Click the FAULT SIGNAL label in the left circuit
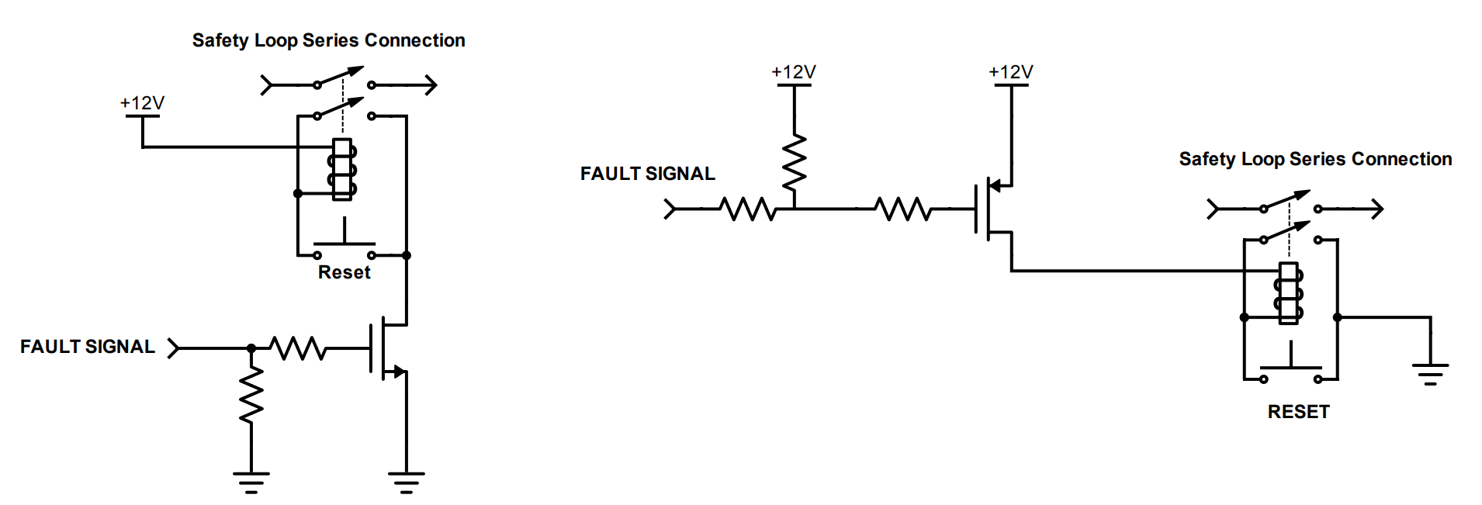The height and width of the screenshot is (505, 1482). [88, 347]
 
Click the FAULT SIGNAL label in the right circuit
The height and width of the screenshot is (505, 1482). [648, 174]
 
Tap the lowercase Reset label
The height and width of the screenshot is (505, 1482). [345, 272]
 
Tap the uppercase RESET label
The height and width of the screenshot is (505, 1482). [1299, 412]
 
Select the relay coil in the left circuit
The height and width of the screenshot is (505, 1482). [342, 170]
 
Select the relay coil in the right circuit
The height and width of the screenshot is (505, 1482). [1289, 294]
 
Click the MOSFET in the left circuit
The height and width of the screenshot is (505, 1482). [388, 348]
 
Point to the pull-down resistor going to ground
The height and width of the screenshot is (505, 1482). [251, 396]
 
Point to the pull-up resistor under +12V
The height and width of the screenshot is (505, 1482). [795, 163]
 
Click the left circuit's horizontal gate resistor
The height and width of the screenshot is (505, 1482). [298, 348]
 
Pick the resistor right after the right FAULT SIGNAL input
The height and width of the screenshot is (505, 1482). [748, 209]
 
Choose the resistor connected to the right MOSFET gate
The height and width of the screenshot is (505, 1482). [903, 209]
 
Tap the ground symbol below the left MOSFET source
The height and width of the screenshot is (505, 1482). [407, 482]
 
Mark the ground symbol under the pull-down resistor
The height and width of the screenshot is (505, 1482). [251, 482]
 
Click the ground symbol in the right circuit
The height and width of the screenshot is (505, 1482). [1431, 373]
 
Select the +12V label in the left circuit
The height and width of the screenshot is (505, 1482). [142, 103]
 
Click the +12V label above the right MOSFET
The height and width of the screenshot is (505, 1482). [1011, 72]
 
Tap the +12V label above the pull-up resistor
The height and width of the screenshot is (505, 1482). [794, 72]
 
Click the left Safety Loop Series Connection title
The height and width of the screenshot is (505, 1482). [329, 40]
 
